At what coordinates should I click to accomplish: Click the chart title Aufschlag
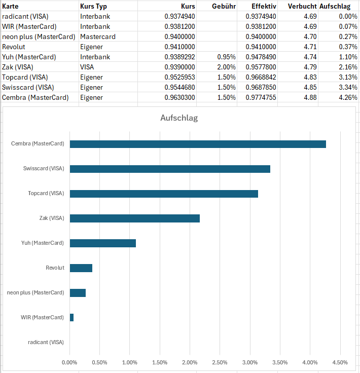179,118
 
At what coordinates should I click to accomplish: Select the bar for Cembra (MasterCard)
198,144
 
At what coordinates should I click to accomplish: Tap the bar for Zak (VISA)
134,218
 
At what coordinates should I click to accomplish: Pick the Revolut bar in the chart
81,268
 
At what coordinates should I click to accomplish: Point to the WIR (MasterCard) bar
71,317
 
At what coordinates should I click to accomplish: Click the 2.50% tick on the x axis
220,362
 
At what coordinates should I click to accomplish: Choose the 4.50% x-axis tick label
340,362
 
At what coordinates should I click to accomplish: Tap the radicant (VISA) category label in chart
46,342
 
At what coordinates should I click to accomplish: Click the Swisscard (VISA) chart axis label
44,169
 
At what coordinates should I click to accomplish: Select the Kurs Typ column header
93,7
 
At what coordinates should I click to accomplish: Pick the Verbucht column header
302,7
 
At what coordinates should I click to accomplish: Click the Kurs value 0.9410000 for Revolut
179,47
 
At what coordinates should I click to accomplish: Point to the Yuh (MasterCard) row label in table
29,57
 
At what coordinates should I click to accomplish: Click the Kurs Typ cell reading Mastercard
98,37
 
